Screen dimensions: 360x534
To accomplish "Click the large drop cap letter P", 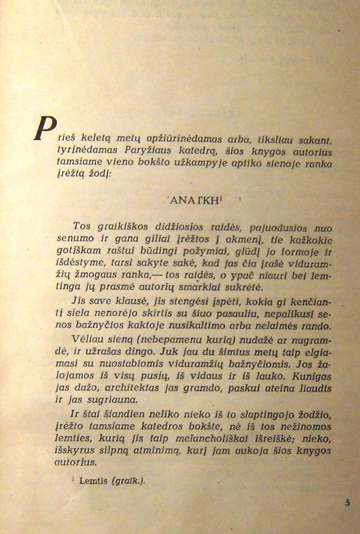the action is pyautogui.click(x=43, y=128).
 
